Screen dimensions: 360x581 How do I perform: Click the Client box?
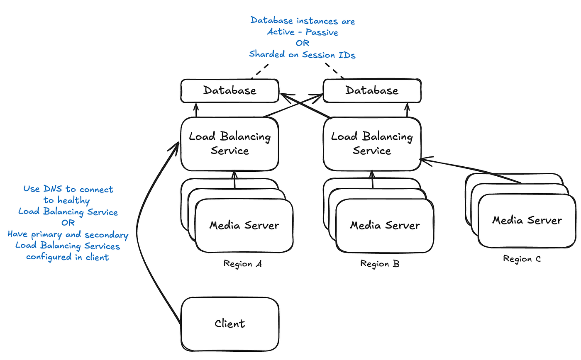[229, 323]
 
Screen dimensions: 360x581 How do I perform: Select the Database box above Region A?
[229, 90]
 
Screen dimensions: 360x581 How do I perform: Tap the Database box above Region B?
[372, 90]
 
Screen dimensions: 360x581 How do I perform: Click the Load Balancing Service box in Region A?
[229, 144]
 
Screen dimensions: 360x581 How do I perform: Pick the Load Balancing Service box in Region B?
[372, 144]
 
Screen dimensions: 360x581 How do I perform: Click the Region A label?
[243, 264]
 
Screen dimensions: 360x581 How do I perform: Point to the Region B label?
[380, 264]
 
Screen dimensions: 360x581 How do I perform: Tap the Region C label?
[522, 259]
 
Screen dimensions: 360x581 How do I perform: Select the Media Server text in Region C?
[527, 220]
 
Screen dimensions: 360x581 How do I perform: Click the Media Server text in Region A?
[244, 226]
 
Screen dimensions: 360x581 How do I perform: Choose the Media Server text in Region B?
[385, 226]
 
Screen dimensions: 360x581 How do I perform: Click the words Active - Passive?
[303, 32]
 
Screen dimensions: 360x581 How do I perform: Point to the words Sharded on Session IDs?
[302, 54]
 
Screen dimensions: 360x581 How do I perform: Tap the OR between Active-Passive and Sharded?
[303, 43]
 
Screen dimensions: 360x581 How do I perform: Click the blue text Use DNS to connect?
[68, 190]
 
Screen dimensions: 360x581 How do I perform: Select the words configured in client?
[68, 257]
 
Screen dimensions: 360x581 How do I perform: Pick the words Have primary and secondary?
[68, 235]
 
